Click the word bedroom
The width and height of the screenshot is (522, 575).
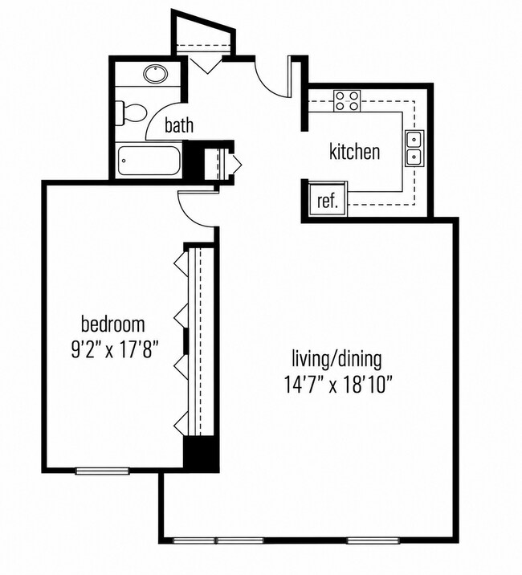[x=113, y=324]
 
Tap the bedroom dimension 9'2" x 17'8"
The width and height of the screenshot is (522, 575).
[x=115, y=350]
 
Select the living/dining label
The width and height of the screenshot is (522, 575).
[x=336, y=359]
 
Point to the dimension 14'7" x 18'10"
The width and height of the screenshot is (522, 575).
[x=339, y=385]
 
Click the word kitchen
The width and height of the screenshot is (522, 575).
[x=354, y=152]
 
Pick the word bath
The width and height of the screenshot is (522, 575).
[x=179, y=125]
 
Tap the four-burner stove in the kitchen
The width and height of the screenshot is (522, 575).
[x=347, y=100]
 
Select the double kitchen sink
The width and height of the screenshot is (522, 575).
[x=414, y=149]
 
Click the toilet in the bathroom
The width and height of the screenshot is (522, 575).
[x=132, y=113]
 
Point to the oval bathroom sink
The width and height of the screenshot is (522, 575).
[x=156, y=74]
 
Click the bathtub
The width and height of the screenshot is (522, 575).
[x=149, y=161]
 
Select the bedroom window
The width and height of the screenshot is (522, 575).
[x=102, y=471]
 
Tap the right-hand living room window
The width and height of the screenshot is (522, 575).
[x=373, y=541]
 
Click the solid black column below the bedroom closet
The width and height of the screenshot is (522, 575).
[x=201, y=453]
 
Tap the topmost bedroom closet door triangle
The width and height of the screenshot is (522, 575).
[x=181, y=263]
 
